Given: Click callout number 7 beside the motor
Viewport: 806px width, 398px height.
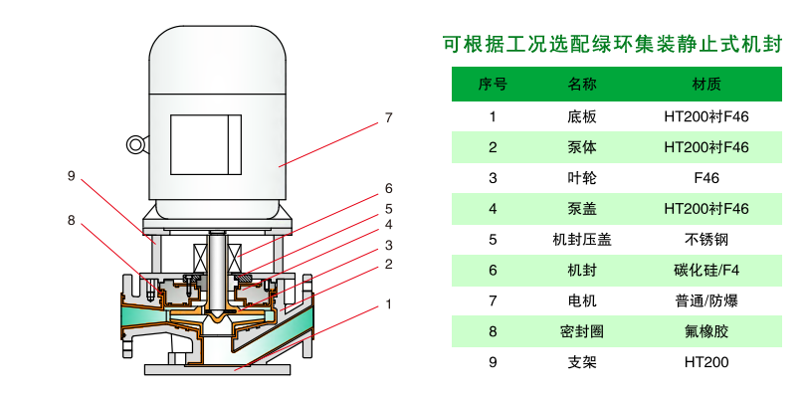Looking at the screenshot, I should [x=389, y=117].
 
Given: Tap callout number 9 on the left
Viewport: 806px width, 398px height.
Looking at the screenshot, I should [x=72, y=176].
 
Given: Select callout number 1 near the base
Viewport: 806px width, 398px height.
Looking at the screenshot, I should [x=389, y=303].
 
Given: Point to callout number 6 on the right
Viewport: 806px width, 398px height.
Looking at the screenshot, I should [x=389, y=187].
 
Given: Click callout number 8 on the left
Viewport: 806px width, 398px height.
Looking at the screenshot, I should [x=72, y=220].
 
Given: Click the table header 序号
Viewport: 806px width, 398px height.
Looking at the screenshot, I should [x=493, y=85].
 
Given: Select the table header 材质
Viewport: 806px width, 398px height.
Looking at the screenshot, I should [x=706, y=85].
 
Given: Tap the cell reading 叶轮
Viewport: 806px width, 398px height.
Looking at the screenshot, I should [x=582, y=178].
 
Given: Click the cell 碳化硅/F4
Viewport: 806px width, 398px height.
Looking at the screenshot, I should [x=706, y=270].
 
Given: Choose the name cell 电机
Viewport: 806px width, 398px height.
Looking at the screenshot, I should [x=582, y=300].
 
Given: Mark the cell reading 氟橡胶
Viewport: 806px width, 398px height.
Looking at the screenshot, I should [x=706, y=331].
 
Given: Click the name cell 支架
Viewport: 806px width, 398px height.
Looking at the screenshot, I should [x=582, y=362].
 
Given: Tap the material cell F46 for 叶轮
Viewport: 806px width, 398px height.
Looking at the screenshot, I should [x=706, y=178].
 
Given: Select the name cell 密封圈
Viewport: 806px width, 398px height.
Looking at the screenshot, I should [x=582, y=331].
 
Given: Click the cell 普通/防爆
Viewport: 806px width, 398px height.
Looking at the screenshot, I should [x=706, y=300].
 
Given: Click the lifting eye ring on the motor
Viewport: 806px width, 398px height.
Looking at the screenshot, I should [x=135, y=145].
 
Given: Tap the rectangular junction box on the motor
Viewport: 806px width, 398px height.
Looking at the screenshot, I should [x=205, y=145].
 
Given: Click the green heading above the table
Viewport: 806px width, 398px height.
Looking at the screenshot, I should [x=613, y=45].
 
